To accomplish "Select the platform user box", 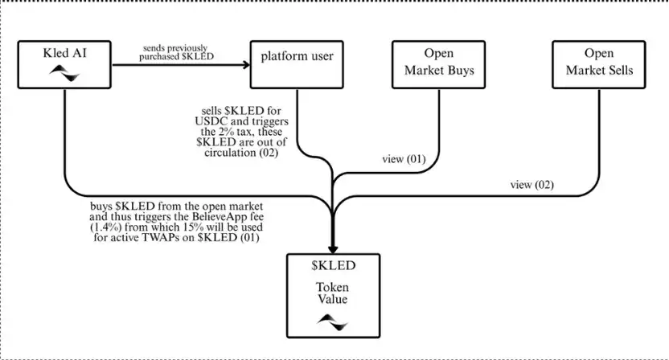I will (x=297, y=63).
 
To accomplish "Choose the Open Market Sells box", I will (x=598, y=63).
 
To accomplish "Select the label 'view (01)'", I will (x=403, y=158).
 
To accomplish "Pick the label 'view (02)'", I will (x=532, y=185).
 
